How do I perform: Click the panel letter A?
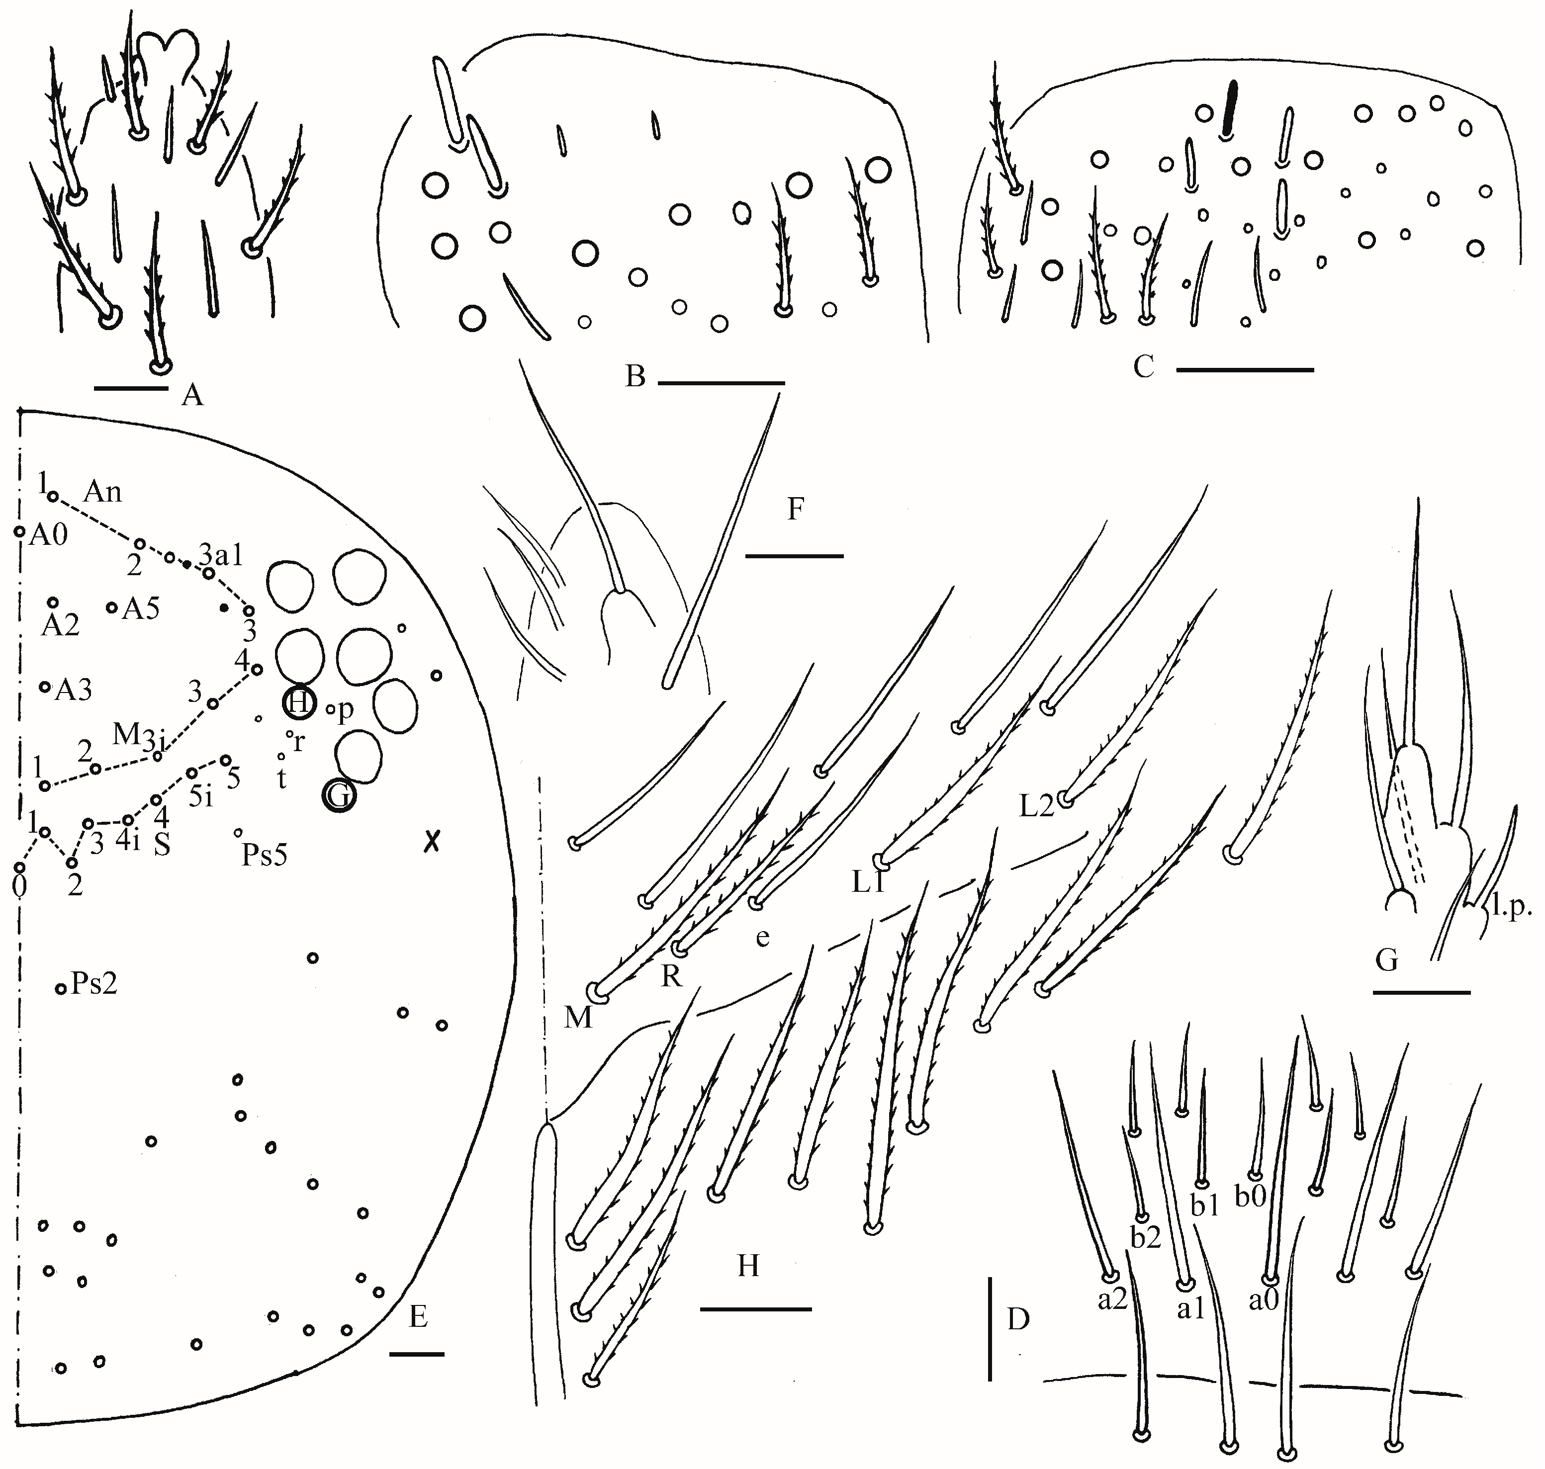(192, 395)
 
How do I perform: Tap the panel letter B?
(635, 377)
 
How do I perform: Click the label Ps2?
(94, 983)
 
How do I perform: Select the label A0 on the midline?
(49, 535)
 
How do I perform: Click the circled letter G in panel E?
(339, 796)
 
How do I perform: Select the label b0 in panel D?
(1251, 1197)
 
